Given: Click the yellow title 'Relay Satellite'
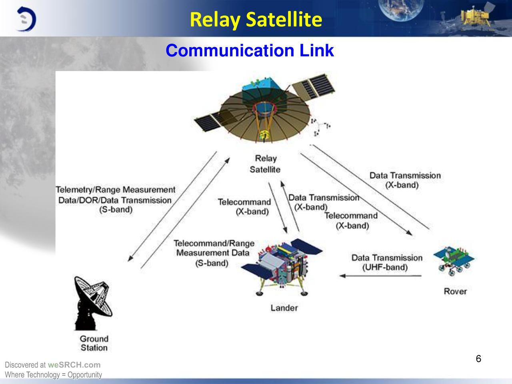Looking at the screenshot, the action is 256,20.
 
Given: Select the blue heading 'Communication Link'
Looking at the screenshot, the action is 250,50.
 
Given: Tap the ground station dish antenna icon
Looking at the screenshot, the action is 93,303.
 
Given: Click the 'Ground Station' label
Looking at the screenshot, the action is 94,343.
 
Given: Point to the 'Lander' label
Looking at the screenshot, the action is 284,308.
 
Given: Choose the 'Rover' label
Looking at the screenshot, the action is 455,291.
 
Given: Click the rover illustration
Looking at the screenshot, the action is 454,261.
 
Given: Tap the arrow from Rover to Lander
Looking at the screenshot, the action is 380,276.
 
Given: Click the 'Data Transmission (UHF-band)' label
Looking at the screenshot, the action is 387,262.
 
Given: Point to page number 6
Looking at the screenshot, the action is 478,358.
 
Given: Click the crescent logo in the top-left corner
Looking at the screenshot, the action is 26,19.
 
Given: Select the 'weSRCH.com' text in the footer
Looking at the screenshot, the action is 74,365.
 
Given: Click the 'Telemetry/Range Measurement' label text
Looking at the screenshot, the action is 115,190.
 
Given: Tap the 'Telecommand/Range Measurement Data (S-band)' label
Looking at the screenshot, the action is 214,253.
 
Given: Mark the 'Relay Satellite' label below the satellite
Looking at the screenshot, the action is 265,164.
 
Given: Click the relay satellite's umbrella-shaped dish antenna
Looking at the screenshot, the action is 265,116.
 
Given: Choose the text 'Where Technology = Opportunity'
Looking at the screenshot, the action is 54,375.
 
